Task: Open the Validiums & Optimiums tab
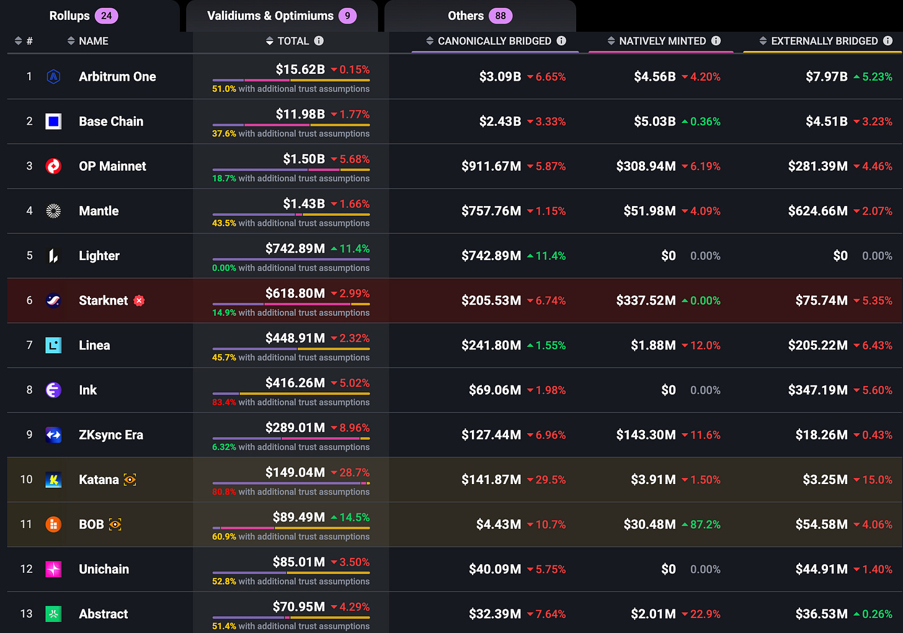pos(282,16)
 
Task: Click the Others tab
pos(480,16)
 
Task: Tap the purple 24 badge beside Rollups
pos(107,16)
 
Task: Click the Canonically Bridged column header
pos(494,41)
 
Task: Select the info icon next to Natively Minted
pos(716,41)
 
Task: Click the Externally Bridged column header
pos(824,41)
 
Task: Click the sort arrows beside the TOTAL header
pos(270,41)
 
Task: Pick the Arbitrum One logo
pos(53,77)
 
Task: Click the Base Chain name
pos(111,122)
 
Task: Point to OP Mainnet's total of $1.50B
pos(303,159)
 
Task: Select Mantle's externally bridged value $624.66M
pos(817,211)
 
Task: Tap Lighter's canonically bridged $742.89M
pos(491,256)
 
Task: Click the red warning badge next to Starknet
pos(139,300)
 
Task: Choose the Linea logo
pos(53,345)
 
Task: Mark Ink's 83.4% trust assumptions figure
pos(224,402)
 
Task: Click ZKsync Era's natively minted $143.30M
pos(646,435)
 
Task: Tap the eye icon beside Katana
pos(130,480)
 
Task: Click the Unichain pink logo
pos(53,569)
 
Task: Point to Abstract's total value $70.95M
pos(299,606)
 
